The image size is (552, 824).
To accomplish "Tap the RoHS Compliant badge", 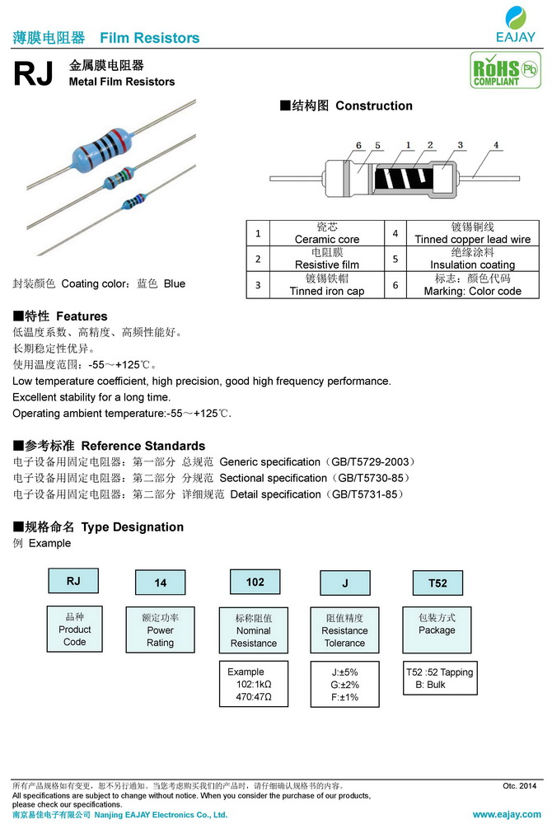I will [x=494, y=70].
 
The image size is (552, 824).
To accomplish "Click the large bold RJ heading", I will [x=34, y=75].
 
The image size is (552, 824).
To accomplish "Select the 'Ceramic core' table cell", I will [x=327, y=233].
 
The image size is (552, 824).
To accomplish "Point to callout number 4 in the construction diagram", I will [x=496, y=146].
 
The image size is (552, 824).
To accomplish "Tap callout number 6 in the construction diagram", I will [x=359, y=146].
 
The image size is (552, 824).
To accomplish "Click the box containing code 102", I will [x=255, y=583].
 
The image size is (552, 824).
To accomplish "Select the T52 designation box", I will [x=437, y=583].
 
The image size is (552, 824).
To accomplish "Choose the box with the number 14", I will [x=161, y=583].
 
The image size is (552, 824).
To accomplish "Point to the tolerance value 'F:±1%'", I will [x=344, y=697].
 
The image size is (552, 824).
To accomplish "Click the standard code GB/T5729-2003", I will [x=363, y=462].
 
